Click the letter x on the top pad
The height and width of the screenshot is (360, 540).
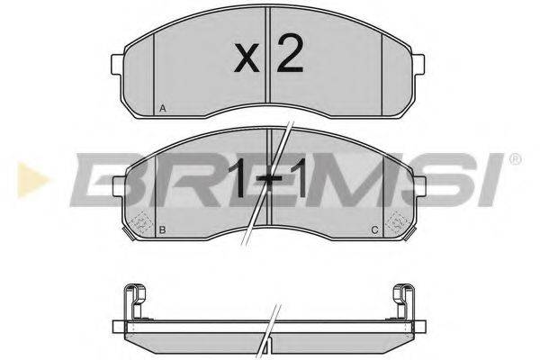coord(245,60)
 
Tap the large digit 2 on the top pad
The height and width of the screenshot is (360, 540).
coord(288,56)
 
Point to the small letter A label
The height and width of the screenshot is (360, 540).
coord(162,108)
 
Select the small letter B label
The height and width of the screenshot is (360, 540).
coord(162,231)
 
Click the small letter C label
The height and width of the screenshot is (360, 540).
coord(373,231)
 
